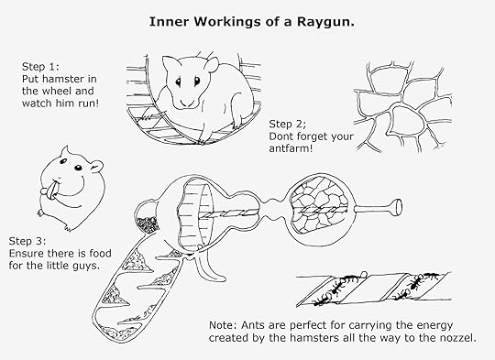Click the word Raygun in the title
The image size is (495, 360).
pos(325,22)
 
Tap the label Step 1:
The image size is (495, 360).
pos(40,67)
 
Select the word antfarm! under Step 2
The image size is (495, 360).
pos(291,148)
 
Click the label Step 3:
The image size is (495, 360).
pos(27,241)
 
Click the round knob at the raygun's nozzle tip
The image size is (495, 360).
pos(396,207)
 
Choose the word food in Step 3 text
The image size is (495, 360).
pos(101,254)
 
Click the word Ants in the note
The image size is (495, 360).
pos(254,325)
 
